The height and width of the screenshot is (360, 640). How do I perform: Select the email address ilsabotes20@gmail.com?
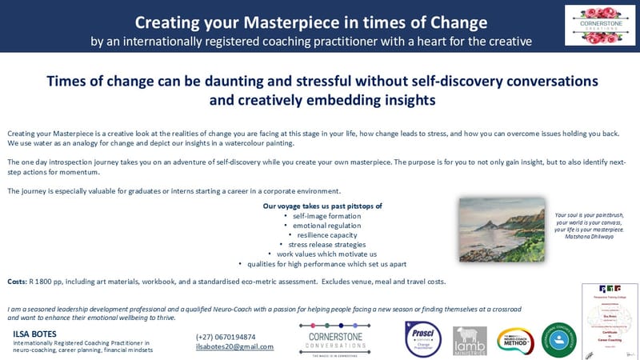point(234,346)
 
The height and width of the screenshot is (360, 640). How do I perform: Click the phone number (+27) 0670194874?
point(226,337)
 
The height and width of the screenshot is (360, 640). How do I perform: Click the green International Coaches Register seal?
point(558,339)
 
